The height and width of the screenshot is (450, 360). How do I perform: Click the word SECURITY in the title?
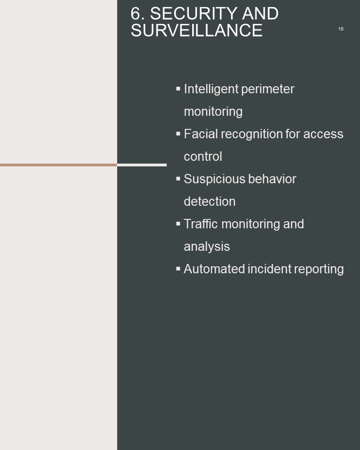click(194, 14)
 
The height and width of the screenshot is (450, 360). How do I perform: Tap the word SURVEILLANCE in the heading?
click(197, 30)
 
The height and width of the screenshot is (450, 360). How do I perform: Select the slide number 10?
click(341, 29)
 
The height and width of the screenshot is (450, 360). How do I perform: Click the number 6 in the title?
click(135, 14)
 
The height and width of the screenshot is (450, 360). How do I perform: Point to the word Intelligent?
click(211, 89)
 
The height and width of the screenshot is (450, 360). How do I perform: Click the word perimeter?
click(268, 89)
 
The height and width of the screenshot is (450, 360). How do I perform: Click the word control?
click(203, 157)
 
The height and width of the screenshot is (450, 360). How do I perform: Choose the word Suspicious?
click(214, 180)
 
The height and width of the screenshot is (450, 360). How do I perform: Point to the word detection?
click(210, 202)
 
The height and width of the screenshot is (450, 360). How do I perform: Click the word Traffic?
click(201, 224)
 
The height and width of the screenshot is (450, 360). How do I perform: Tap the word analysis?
click(207, 247)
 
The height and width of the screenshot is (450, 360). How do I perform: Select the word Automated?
click(214, 269)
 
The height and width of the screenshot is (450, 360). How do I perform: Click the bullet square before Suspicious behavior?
click(178, 179)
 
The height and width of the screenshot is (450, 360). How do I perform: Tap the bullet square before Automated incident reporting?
click(178, 269)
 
